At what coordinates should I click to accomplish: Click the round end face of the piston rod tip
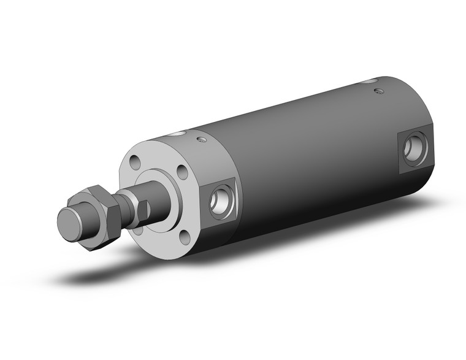click(x=69, y=221)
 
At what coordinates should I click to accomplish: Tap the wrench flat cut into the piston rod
click(x=143, y=209)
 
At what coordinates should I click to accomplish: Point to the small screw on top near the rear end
click(x=378, y=92)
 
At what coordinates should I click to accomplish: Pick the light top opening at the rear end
click(x=369, y=80)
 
